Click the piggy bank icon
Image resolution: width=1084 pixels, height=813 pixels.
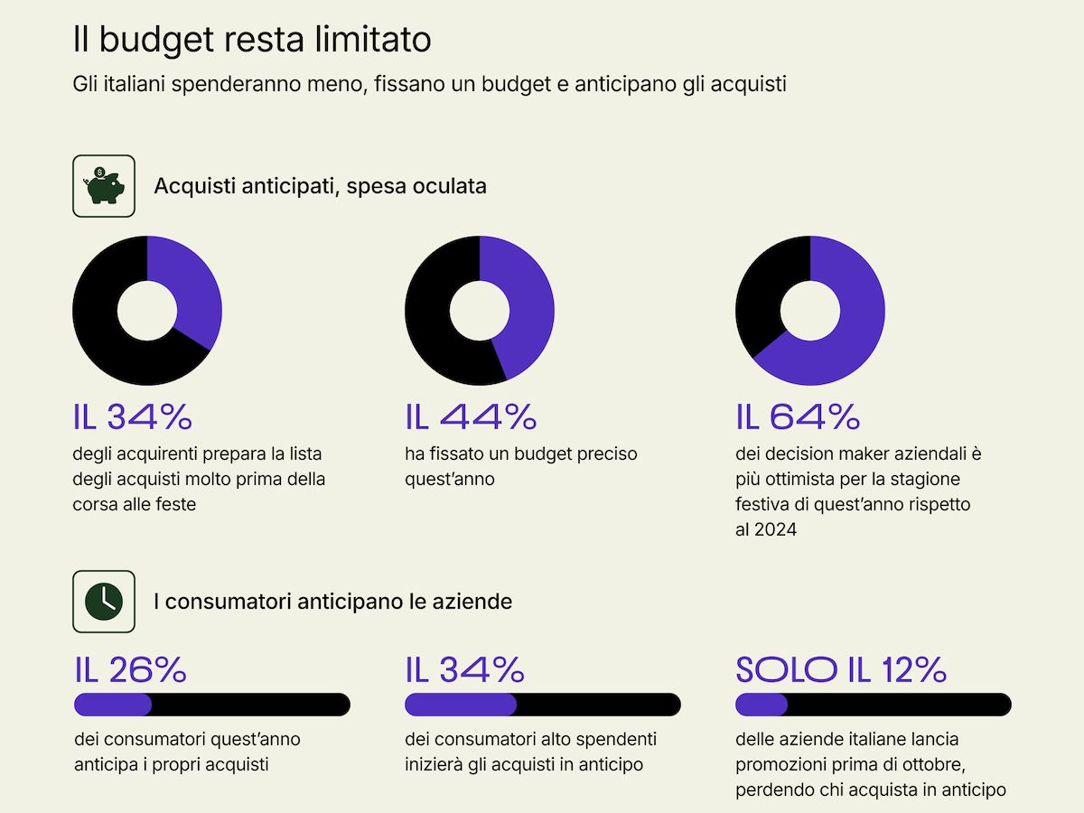click(104, 185)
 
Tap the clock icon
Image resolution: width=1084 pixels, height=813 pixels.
click(104, 601)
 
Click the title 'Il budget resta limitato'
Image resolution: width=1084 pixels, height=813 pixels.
click(251, 40)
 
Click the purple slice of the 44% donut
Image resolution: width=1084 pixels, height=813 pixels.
click(528, 307)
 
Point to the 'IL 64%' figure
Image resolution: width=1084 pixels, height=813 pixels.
click(798, 416)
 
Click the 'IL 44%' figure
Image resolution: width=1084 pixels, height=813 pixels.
click(471, 416)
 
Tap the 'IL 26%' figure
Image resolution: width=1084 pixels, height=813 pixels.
click(131, 669)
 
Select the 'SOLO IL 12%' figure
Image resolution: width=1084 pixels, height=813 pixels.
click(841, 669)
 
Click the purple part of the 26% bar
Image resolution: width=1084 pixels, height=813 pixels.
click(112, 705)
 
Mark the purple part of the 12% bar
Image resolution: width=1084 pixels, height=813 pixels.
click(762, 705)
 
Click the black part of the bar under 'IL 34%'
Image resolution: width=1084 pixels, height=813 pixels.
click(596, 705)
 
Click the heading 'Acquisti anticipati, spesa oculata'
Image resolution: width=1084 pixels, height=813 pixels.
click(320, 186)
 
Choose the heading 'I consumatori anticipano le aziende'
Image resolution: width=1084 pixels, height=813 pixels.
click(332, 601)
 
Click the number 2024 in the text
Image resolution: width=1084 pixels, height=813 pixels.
click(775, 530)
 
